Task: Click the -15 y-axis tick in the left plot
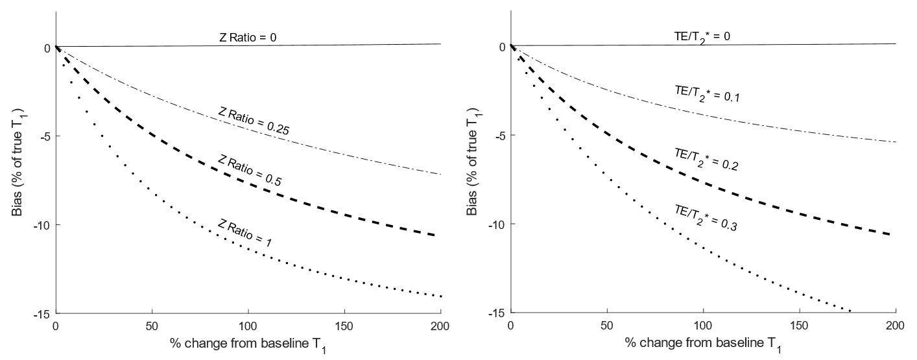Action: pyautogui.click(x=43, y=313)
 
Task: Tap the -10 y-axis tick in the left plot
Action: pyautogui.click(x=43, y=225)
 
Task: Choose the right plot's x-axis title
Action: pyautogui.click(x=702, y=342)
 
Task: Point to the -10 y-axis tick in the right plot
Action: pyautogui.click(x=498, y=224)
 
